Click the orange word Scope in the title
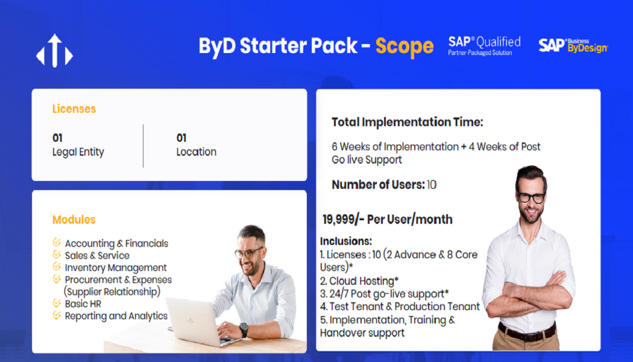405,46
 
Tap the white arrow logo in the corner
54,51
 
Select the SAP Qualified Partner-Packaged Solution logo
484,46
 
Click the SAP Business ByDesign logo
573,45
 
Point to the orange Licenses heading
74,109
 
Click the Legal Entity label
78,152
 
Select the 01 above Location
181,138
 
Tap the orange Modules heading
74,220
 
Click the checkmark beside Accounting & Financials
57,243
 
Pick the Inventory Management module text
116,267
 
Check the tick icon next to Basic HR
57,303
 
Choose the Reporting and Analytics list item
116,316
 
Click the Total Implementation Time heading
408,122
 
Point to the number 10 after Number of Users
432,185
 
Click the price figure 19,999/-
343,220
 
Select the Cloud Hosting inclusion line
359,281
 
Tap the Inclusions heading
346,241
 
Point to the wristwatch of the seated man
244,329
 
